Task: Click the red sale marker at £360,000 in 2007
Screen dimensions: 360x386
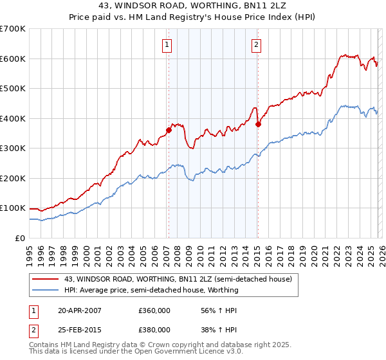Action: [x=169, y=130]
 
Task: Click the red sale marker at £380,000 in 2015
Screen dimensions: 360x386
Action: [x=258, y=124]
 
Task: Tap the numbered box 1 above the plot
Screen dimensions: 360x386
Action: [x=167, y=44]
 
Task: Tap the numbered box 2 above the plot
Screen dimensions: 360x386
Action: [x=256, y=44]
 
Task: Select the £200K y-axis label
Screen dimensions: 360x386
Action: [x=13, y=178]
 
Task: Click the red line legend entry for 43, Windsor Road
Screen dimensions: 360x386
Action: [x=178, y=279]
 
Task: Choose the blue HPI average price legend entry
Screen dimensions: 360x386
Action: [x=151, y=290]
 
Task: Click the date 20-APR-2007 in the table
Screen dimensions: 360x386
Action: [x=80, y=310]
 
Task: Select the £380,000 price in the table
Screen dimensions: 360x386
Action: [x=154, y=329]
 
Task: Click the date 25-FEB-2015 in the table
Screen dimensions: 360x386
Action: [x=80, y=329]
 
